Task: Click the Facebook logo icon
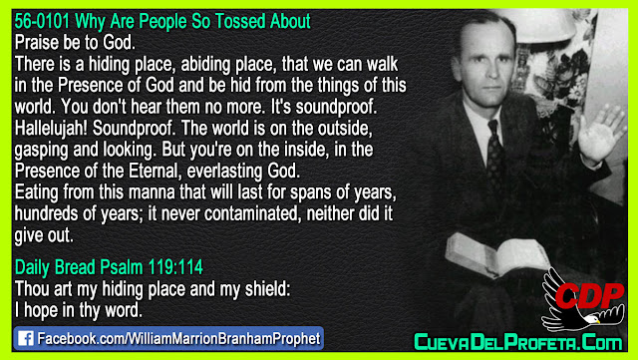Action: point(26,338)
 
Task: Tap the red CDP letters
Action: point(589,295)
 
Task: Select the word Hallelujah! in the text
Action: point(51,129)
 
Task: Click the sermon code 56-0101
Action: point(42,22)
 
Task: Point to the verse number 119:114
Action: point(175,267)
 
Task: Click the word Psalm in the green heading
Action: point(122,267)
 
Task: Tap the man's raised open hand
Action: point(600,135)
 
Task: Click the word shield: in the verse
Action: point(268,289)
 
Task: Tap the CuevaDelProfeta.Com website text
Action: point(518,342)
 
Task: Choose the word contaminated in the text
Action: point(252,213)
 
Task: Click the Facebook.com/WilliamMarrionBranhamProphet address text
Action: point(178,339)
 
